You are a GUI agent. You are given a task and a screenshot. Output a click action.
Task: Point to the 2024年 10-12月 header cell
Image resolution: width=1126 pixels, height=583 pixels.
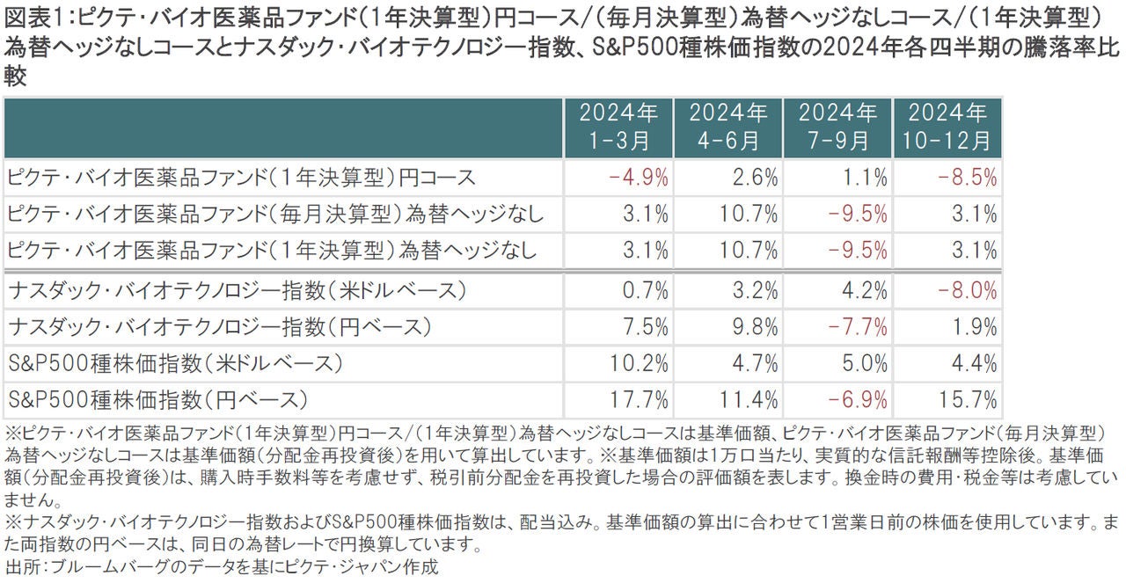click(x=947, y=127)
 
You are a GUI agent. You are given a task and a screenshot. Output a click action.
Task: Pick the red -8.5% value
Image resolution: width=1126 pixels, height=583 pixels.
click(x=967, y=178)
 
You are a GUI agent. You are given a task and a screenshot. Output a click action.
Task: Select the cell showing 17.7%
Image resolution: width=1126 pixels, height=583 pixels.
click(x=640, y=400)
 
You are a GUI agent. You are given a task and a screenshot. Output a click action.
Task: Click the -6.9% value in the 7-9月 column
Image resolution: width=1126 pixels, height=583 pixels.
click(x=858, y=400)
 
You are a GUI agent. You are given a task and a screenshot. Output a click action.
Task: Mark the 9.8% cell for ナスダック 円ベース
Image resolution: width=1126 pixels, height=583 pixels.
click(x=754, y=327)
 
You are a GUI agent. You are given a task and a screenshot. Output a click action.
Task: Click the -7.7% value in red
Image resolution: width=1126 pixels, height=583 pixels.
click(x=858, y=327)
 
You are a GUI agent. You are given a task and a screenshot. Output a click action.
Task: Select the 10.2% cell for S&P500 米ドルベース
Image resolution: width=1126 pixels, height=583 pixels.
click(x=640, y=363)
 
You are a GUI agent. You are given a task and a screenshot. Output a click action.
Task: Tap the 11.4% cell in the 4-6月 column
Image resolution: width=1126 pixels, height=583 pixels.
click(x=749, y=400)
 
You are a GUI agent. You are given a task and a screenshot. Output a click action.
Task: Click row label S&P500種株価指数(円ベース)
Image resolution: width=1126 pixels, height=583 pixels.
click(x=158, y=400)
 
